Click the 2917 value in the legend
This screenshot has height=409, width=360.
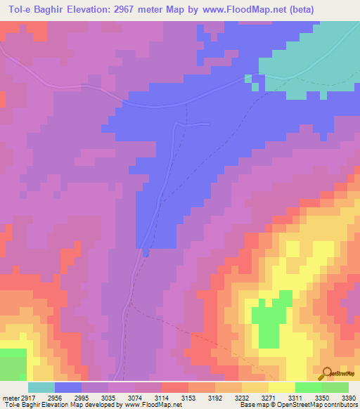pos(25,398)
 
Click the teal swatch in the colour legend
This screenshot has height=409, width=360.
pos(41,387)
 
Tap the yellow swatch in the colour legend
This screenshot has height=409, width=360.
pos(281,387)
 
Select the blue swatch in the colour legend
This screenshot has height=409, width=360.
pos(68,387)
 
